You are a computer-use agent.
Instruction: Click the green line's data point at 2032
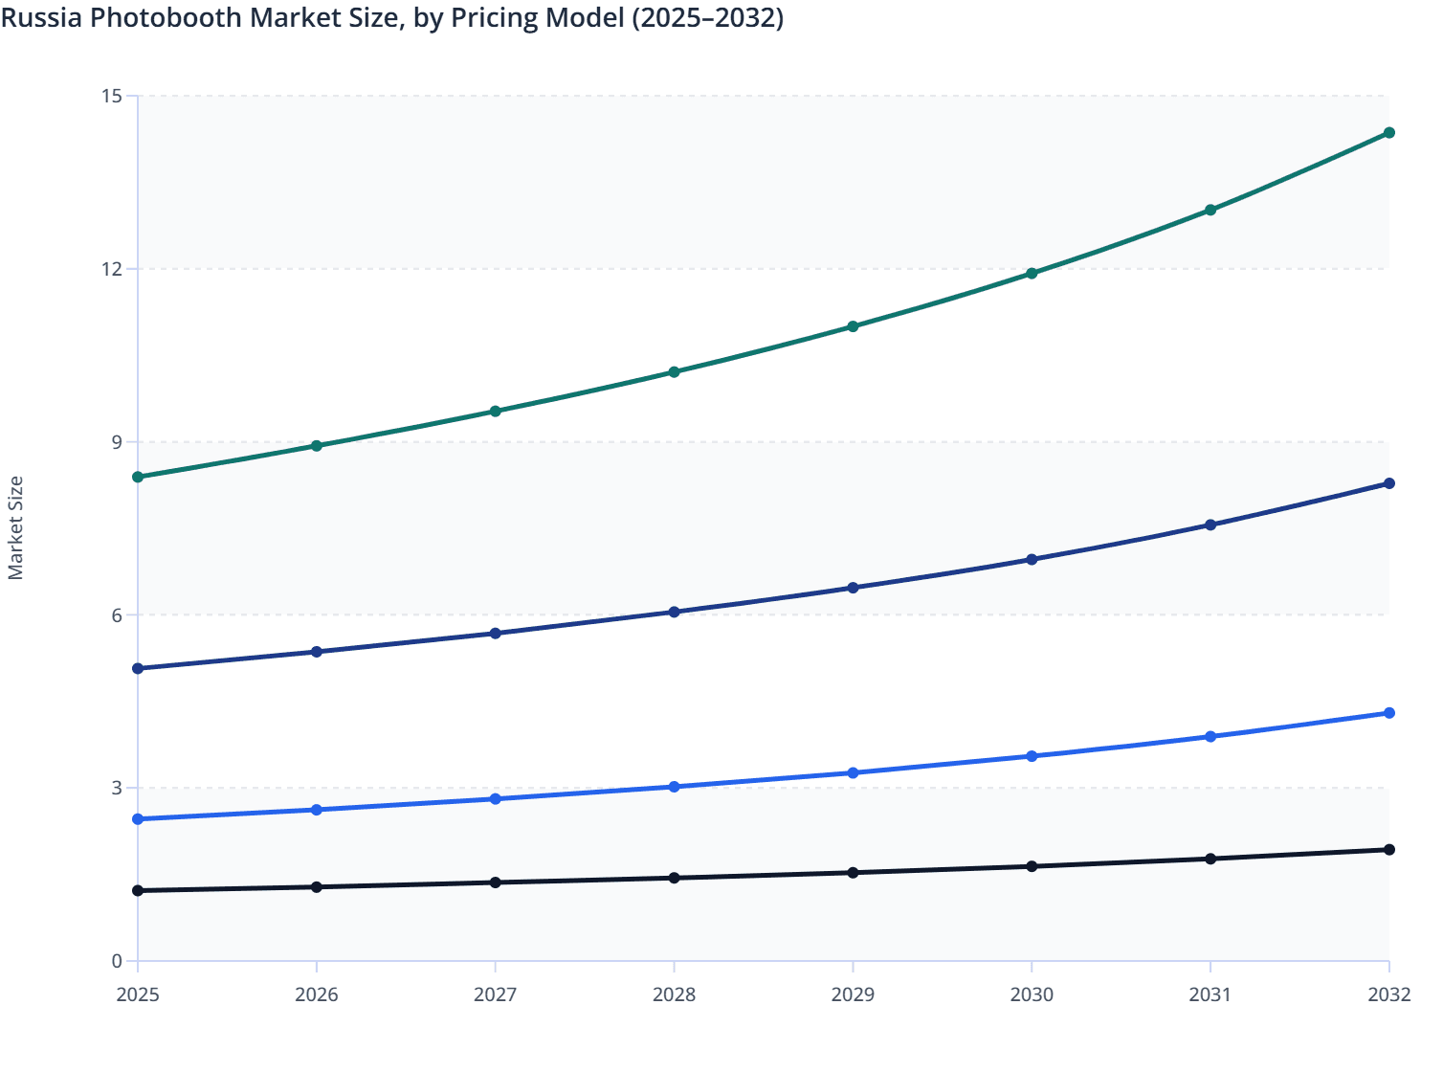1388,133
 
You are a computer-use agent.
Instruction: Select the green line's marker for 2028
674,372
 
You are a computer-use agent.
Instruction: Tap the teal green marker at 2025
138,477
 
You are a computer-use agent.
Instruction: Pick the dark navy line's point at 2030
1032,560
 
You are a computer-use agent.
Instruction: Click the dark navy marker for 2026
317,652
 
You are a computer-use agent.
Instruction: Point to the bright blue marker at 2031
1210,737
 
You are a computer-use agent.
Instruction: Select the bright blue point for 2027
496,799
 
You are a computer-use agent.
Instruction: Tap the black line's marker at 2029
853,873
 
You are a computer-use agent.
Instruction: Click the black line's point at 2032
1388,850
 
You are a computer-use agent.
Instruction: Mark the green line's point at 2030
1032,274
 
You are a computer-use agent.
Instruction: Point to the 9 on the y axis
117,442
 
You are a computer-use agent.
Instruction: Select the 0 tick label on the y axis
117,961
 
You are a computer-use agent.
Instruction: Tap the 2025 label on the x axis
138,994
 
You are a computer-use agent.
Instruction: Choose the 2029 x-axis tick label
853,994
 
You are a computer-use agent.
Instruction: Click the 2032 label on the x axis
1388,994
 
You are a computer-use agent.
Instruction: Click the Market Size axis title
15,528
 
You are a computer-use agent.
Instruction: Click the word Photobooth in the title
164,17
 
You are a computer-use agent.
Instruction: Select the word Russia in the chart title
41,17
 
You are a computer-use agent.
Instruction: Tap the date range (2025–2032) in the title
707,17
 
